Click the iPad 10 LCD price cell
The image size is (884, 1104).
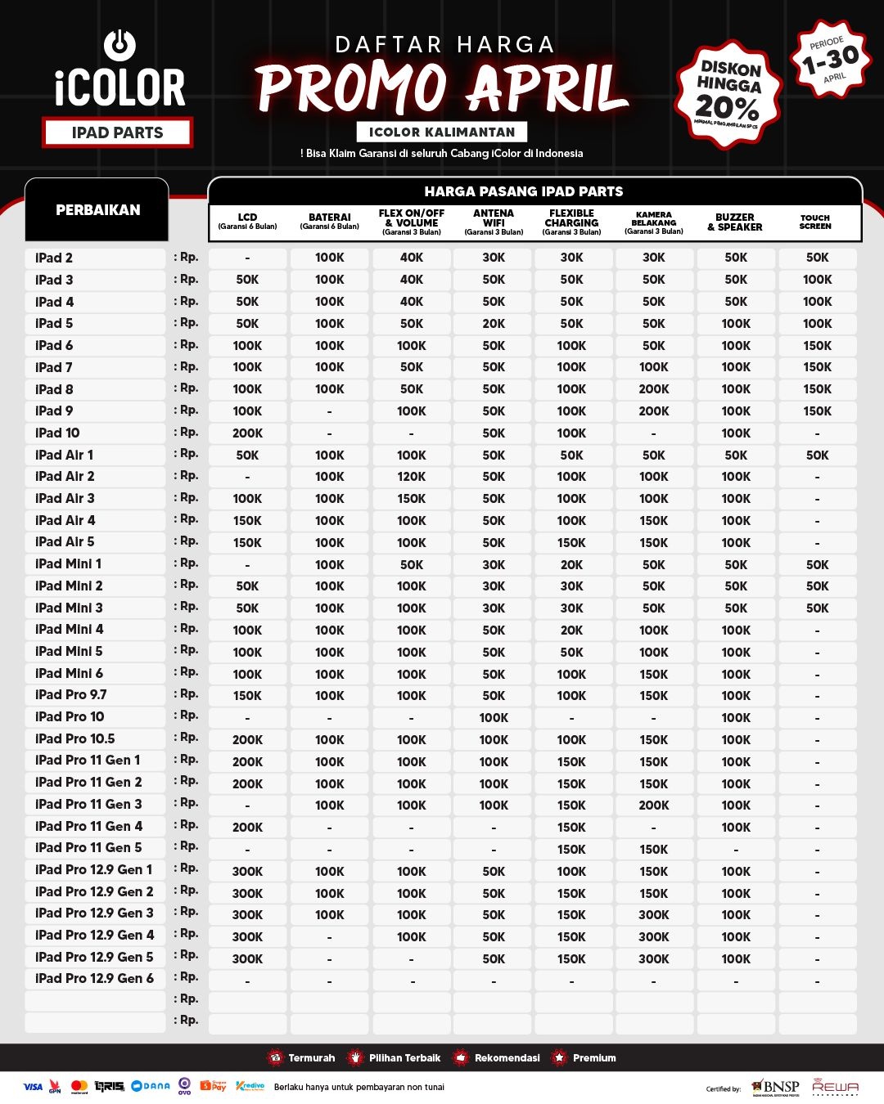click(247, 433)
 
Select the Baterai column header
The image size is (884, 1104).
click(329, 222)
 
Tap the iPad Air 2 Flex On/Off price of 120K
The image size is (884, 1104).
click(411, 477)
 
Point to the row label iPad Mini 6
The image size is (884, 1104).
click(70, 674)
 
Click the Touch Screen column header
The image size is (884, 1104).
click(815, 222)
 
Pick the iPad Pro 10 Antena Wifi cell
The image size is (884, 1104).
click(494, 718)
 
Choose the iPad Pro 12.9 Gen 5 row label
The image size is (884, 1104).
click(94, 957)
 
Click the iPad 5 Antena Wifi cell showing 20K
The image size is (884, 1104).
click(494, 324)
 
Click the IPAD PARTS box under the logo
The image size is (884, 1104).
click(117, 132)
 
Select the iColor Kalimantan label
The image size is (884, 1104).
click(442, 132)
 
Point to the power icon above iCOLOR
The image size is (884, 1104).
click(120, 45)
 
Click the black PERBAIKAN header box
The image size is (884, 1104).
click(97, 210)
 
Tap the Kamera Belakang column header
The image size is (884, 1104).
click(653, 222)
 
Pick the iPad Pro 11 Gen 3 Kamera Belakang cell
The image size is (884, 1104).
click(653, 806)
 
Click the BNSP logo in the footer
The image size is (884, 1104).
click(775, 1087)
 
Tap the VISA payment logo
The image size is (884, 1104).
click(33, 1087)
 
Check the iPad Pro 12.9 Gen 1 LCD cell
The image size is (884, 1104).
click(247, 872)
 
